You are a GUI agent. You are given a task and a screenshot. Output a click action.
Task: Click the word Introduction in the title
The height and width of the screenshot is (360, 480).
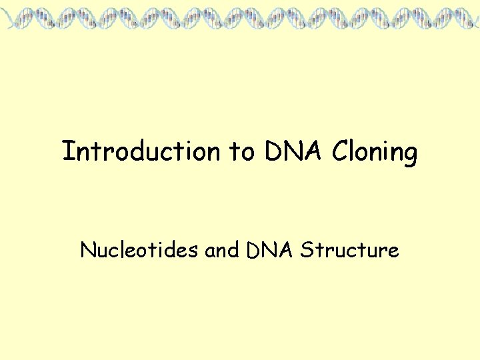pos(140,151)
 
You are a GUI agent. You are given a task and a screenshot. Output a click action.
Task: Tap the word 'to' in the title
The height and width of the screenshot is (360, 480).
pos(242,152)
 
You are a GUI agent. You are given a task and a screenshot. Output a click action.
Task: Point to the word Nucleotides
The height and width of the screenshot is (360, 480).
pos(139,250)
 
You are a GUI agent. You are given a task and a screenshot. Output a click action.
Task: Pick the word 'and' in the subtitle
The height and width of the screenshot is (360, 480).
pos(222,250)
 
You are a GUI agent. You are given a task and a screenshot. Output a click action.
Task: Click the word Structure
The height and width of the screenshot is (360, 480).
pos(349,250)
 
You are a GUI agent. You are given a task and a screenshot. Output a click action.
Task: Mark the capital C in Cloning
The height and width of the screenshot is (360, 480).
pos(341,151)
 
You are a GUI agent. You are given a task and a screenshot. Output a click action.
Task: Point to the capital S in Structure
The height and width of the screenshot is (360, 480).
pos(306,250)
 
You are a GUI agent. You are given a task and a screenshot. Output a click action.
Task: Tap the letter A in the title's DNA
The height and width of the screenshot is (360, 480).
pos(315,151)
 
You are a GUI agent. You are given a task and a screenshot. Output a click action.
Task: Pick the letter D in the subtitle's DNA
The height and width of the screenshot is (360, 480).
pos(252,250)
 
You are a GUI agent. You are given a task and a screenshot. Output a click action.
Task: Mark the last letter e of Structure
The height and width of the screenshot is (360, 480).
pos(393,252)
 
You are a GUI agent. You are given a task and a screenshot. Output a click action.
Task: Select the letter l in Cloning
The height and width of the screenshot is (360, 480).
pos(355,151)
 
